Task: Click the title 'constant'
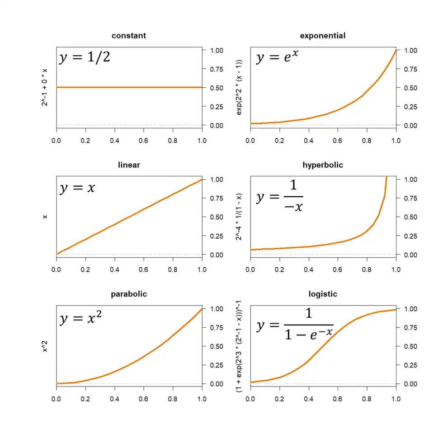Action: click(129, 36)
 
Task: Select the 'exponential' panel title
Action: click(323, 36)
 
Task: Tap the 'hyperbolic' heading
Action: click(323, 165)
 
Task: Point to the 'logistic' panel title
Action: click(323, 294)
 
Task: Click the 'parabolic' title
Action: click(129, 294)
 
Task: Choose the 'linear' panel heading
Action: click(129, 165)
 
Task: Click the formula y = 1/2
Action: click(85, 58)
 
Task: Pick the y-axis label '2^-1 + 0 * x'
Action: click(45, 87)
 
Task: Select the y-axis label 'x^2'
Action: click(45, 346)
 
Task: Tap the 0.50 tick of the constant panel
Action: click(217, 88)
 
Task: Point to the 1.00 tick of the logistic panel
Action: click(410, 309)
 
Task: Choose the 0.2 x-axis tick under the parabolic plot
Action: click(85, 399)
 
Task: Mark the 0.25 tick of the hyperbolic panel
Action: click(410, 236)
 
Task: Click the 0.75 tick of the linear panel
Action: click(217, 198)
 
